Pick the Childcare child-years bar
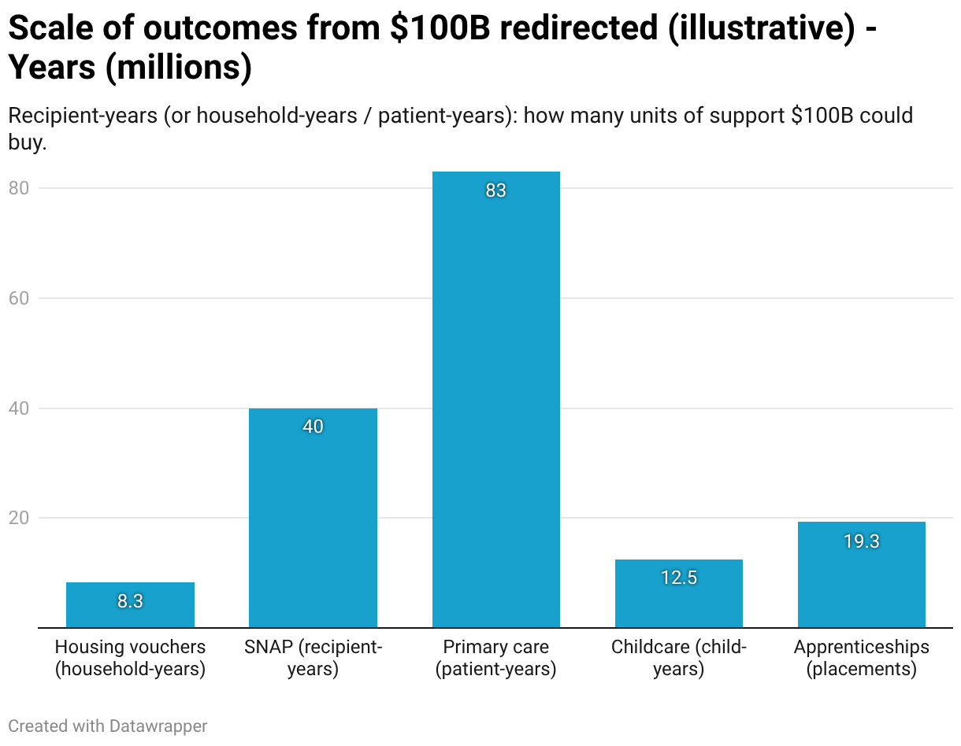(678, 593)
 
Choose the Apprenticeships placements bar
(861, 574)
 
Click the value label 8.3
(130, 601)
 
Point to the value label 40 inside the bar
(313, 427)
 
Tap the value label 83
(495, 190)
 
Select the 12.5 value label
(678, 578)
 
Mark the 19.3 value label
(861, 541)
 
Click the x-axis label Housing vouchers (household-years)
(130, 658)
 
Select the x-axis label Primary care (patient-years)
(495, 658)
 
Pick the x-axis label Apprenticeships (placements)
(861, 658)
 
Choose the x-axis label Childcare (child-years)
(678, 658)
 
